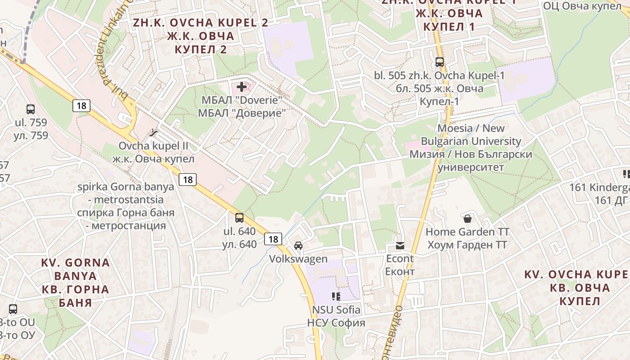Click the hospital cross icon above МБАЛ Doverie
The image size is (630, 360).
(242, 87)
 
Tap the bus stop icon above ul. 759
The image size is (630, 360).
(31, 109)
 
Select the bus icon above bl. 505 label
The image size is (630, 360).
(440, 62)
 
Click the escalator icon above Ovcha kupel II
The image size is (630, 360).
(154, 133)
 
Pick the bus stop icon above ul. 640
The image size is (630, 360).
(239, 218)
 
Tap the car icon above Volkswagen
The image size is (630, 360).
(298, 246)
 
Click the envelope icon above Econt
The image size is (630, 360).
(400, 245)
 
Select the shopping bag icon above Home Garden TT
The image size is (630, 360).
(468, 219)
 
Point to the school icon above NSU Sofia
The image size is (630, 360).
(336, 296)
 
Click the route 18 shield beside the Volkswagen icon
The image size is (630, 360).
(273, 239)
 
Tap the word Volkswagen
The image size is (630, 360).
(298, 259)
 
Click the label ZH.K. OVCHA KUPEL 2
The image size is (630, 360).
(200, 23)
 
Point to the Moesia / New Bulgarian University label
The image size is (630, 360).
(471, 135)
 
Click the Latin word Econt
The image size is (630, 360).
(400, 259)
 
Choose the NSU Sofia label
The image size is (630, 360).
(336, 310)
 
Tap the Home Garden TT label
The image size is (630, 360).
(468, 232)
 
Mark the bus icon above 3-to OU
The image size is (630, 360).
(13, 309)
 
